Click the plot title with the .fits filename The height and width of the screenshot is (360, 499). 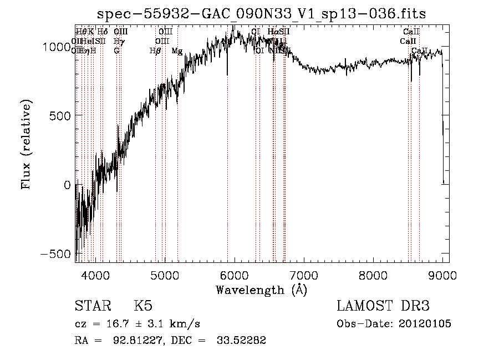(261, 13)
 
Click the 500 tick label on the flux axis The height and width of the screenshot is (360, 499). (62, 115)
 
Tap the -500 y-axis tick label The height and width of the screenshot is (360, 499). (57, 253)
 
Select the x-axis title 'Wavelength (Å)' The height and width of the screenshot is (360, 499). (261, 290)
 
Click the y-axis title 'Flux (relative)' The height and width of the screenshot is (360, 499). (27, 144)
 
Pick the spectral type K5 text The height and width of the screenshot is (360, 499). (143, 306)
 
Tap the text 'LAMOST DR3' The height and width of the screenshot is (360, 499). (383, 306)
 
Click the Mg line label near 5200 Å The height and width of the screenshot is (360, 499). (177, 51)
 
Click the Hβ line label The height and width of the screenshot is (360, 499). (155, 51)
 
